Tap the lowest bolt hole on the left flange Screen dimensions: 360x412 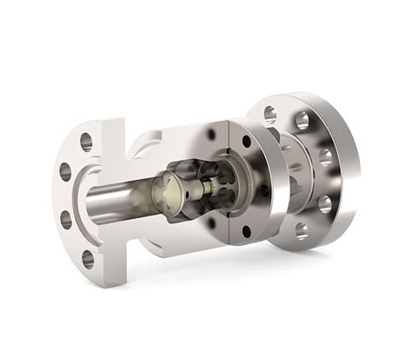point(88,257)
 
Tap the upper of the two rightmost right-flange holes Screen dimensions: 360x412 point(326,157)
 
